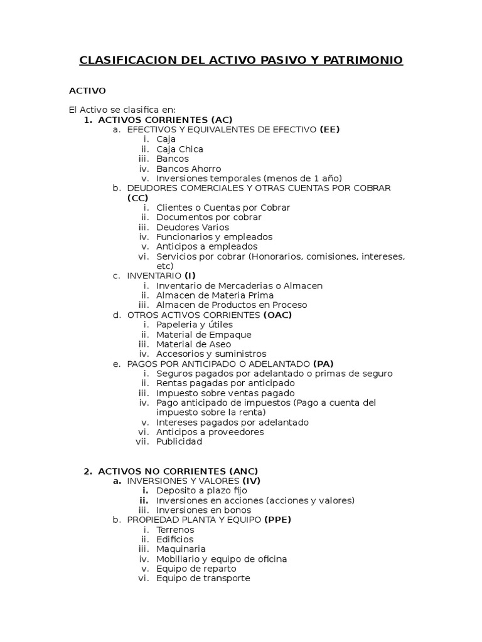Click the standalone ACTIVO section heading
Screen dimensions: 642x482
click(x=87, y=91)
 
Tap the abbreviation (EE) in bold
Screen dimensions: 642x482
click(x=329, y=130)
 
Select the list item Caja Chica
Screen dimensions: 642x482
click(x=179, y=149)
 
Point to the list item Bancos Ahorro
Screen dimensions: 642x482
click(x=188, y=169)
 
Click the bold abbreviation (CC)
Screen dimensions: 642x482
click(x=137, y=197)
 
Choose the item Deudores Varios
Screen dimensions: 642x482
click(x=193, y=227)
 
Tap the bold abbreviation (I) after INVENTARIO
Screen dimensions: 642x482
click(x=190, y=276)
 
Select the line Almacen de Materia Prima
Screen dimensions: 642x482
click(x=215, y=295)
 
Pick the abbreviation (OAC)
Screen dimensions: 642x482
click(x=277, y=315)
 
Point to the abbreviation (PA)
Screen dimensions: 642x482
click(x=323, y=364)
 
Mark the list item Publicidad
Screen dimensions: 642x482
click(x=179, y=441)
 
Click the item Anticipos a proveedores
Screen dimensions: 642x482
click(x=210, y=432)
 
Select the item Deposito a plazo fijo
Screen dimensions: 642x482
click(x=201, y=490)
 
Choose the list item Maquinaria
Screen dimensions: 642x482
click(x=181, y=549)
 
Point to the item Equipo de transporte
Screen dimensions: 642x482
click(x=203, y=578)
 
